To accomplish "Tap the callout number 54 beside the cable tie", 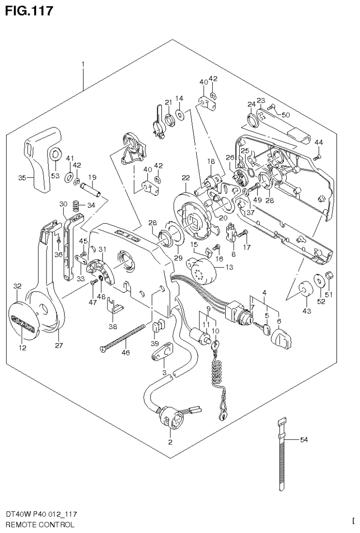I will point(304,440).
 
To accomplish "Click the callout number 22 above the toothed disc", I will point(186,178).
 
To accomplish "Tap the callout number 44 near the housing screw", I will point(319,142).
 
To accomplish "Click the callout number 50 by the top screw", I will point(286,114).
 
